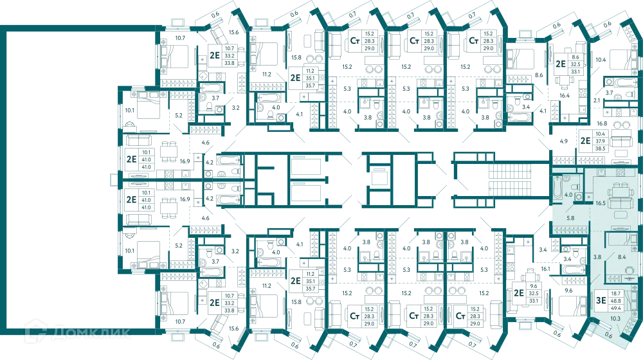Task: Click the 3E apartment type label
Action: [601, 301]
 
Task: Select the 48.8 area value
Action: [615, 301]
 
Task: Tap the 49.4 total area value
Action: [615, 307]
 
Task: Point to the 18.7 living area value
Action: [615, 294]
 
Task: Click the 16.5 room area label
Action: [601, 203]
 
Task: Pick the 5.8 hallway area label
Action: [570, 218]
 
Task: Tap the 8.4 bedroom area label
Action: [622, 257]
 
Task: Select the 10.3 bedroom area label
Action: [615, 319]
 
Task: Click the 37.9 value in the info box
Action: [601, 141]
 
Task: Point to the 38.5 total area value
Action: [601, 148]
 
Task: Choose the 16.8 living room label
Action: [602, 123]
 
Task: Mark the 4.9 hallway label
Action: [564, 141]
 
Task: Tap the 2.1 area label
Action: [597, 100]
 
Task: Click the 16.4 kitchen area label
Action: [565, 96]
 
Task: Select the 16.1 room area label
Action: [545, 269]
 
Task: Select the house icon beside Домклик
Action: [35, 332]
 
